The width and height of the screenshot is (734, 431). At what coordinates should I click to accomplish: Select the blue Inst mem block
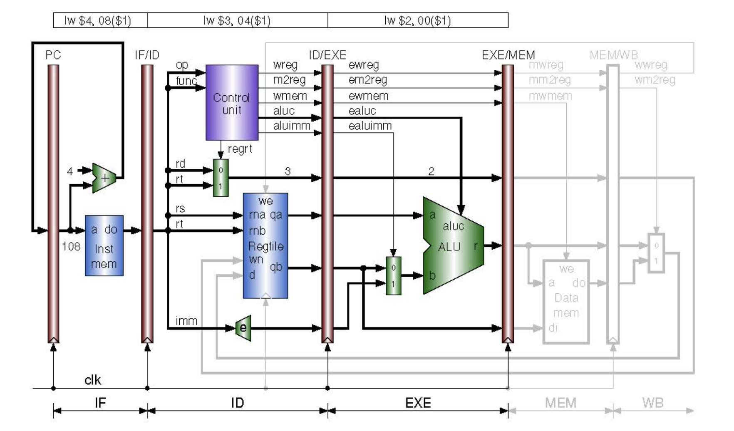pyautogui.click(x=104, y=246)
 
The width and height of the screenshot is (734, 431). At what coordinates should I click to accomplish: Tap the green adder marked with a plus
pyautogui.click(x=103, y=178)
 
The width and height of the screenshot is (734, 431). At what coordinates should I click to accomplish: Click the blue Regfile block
pyautogui.click(x=265, y=245)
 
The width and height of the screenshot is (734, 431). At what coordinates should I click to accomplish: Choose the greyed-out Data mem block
pyautogui.click(x=566, y=302)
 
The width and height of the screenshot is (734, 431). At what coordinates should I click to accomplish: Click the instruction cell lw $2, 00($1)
pyautogui.click(x=417, y=20)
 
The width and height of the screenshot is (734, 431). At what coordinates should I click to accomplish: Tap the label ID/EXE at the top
pyautogui.click(x=327, y=55)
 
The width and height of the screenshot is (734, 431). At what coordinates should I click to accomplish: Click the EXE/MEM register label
pyautogui.click(x=508, y=55)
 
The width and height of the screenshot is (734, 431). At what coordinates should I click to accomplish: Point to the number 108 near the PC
pyautogui.click(x=71, y=246)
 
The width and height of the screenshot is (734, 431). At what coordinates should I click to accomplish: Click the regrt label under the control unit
pyautogui.click(x=240, y=149)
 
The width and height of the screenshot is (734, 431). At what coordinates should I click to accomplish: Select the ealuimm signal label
pyautogui.click(x=370, y=126)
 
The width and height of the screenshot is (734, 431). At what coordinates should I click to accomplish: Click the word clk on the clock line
pyautogui.click(x=92, y=379)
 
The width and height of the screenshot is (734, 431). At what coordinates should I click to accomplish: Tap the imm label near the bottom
pyautogui.click(x=186, y=321)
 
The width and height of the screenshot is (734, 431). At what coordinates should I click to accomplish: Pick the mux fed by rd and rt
pyautogui.click(x=221, y=178)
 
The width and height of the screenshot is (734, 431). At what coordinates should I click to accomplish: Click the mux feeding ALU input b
pyautogui.click(x=393, y=276)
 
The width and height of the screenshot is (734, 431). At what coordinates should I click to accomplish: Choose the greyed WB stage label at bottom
pyautogui.click(x=652, y=403)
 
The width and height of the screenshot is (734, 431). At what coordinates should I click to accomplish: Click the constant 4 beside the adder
pyautogui.click(x=70, y=171)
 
